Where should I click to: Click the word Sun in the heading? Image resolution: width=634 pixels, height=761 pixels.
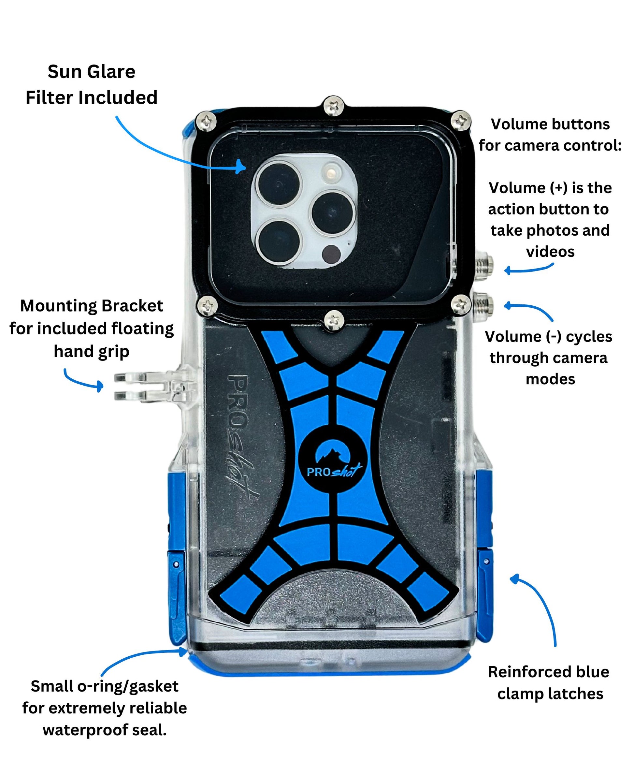[x=62, y=72]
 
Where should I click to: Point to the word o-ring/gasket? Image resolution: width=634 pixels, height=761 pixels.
[x=123, y=686]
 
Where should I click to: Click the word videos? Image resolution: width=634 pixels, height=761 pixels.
[x=550, y=252]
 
